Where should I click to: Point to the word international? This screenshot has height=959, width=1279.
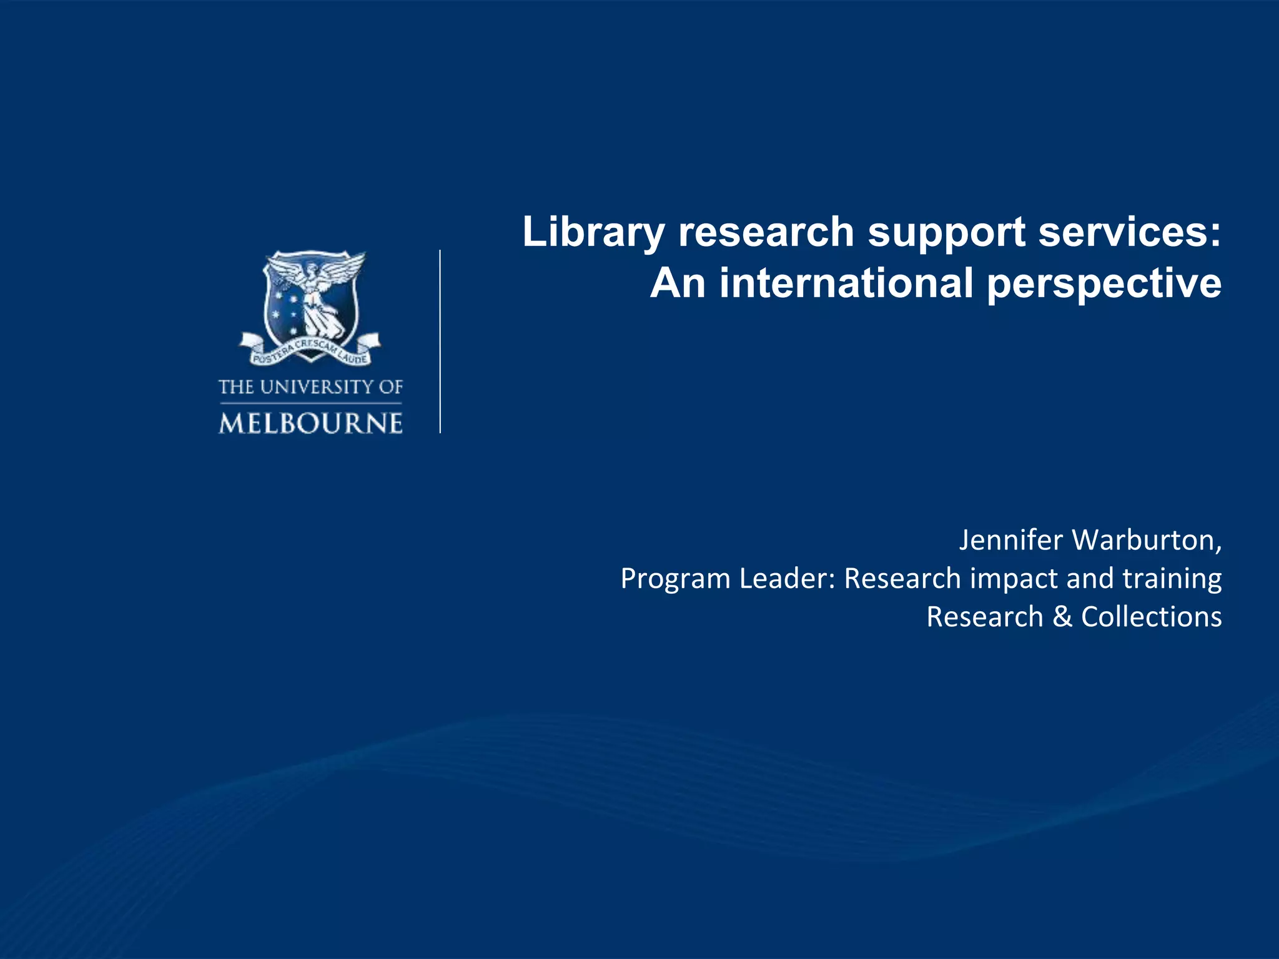pyautogui.click(x=847, y=283)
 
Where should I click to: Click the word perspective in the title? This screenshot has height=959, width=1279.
pyautogui.click(x=1104, y=285)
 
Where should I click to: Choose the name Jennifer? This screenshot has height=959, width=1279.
pyautogui.click(x=1010, y=540)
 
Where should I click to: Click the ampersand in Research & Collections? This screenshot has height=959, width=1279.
pyautogui.click(x=1062, y=617)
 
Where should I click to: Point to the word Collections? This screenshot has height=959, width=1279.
pyautogui.click(x=1151, y=617)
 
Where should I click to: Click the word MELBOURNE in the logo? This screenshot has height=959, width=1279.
pyautogui.click(x=310, y=424)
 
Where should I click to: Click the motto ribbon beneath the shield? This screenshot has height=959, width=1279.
pyautogui.click(x=310, y=351)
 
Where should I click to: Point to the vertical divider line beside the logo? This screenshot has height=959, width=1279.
pyautogui.click(x=440, y=342)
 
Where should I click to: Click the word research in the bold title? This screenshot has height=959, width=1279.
pyautogui.click(x=766, y=232)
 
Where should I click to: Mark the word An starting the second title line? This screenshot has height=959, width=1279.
pyautogui.click(x=678, y=283)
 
